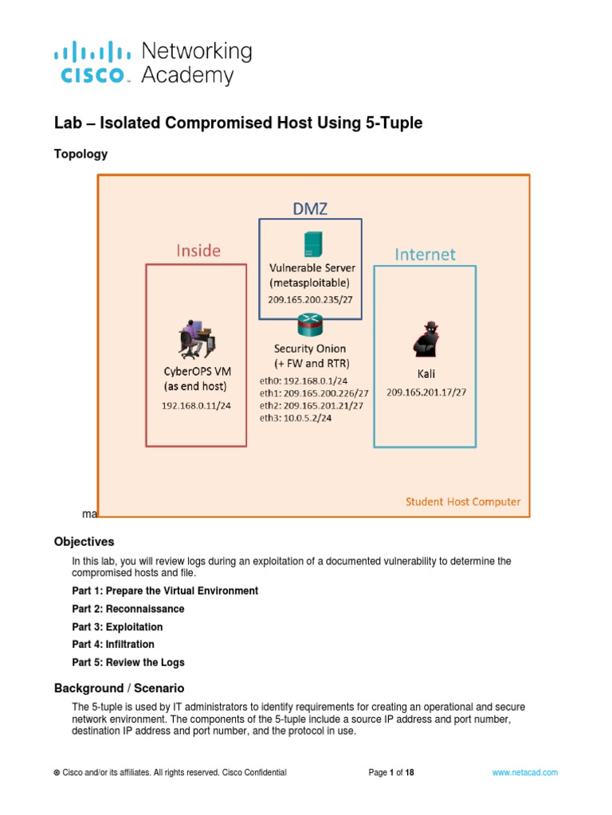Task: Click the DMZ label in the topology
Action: click(309, 209)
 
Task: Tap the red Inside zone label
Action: click(198, 251)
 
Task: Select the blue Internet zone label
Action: click(426, 254)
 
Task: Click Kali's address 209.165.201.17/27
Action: click(426, 392)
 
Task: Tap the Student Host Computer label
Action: click(463, 501)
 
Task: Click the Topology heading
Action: click(80, 154)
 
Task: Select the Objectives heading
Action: click(84, 541)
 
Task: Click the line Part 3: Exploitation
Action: click(117, 627)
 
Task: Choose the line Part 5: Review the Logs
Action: click(127, 662)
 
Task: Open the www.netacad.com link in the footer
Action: click(525, 772)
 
